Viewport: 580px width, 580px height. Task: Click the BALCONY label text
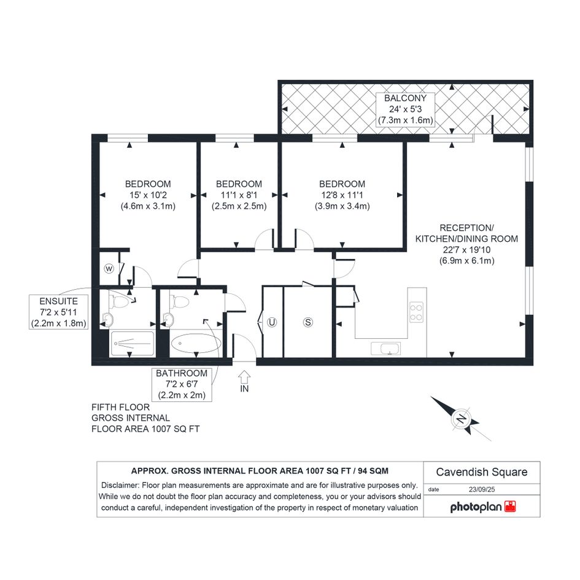[x=406, y=98]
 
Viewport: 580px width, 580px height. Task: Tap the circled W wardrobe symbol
[x=109, y=269]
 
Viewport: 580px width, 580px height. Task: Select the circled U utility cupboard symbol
[x=272, y=322]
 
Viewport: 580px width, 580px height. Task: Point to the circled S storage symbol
[x=307, y=322]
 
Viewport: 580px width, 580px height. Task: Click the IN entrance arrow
[x=244, y=377]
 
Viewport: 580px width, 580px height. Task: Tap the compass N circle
[x=462, y=419]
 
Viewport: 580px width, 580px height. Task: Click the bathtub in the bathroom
[x=196, y=343]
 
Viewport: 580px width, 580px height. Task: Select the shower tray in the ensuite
[x=132, y=344]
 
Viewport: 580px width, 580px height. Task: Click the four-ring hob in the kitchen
[x=417, y=312]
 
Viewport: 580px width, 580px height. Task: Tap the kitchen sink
[x=385, y=349]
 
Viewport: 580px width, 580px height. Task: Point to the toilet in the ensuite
[x=118, y=300]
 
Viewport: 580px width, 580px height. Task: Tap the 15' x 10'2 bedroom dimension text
[x=148, y=195]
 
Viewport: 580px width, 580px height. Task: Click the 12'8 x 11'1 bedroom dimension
[x=342, y=195]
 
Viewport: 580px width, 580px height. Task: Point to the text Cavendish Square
[x=482, y=472]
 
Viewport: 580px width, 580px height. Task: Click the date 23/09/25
[x=482, y=489]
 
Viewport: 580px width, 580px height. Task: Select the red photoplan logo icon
[x=510, y=506]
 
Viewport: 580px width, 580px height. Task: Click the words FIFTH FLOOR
[x=120, y=408]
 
